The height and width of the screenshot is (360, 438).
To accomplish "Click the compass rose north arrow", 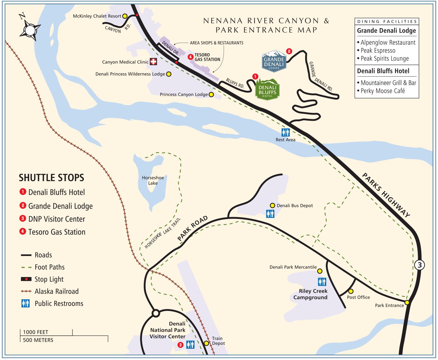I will [x=30, y=30].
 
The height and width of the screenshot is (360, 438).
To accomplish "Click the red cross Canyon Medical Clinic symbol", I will [x=153, y=61].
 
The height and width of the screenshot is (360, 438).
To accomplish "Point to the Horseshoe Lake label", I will [x=153, y=180].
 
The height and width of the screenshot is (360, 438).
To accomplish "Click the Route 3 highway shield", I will [x=420, y=265].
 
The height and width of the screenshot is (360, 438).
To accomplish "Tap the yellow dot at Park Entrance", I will [x=407, y=302].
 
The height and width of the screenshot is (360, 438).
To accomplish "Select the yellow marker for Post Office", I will [x=351, y=291].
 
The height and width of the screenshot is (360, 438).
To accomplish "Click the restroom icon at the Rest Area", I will [x=285, y=132].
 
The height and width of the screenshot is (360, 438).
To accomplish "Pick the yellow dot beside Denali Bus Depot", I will [x=272, y=205].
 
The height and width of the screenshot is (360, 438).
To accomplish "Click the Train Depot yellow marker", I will [x=206, y=343].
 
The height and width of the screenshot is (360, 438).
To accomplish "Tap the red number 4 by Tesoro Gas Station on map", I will [x=190, y=57].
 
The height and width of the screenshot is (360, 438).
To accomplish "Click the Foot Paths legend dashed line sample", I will [x=26, y=267].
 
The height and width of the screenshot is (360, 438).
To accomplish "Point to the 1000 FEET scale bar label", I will [x=36, y=332].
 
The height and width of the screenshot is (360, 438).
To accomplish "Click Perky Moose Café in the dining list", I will [x=383, y=91].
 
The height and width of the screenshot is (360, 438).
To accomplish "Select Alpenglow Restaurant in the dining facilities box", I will [x=388, y=43].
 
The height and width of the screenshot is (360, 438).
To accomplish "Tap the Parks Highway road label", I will [x=386, y=195].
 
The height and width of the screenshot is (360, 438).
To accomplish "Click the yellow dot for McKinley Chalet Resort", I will [x=125, y=16].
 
